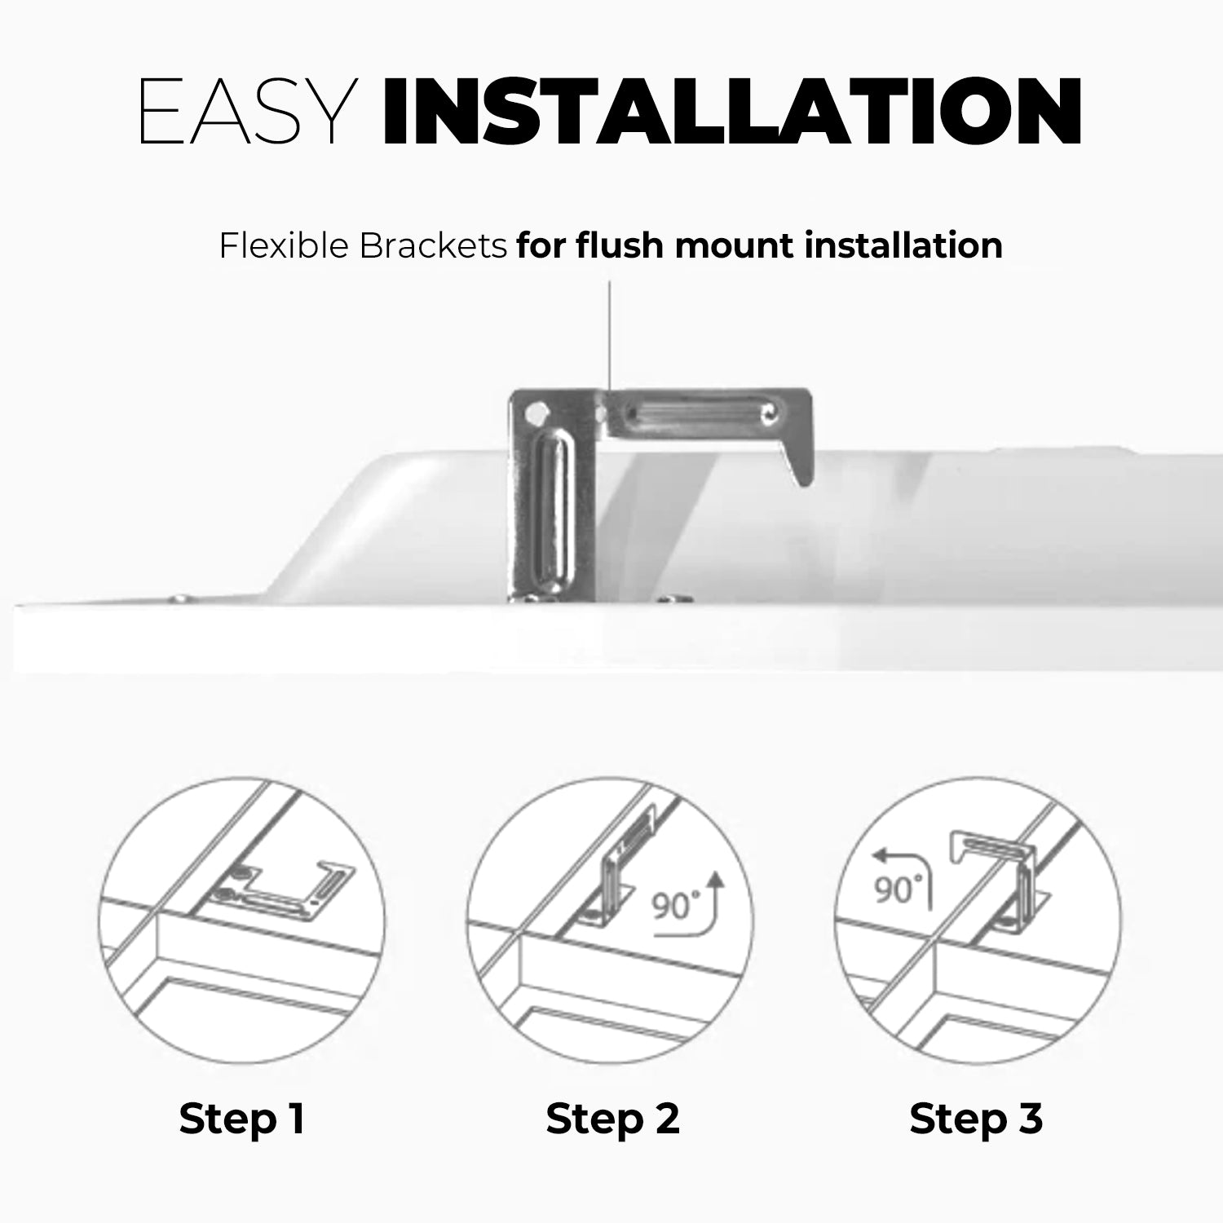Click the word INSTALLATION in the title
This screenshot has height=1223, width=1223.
click(x=732, y=112)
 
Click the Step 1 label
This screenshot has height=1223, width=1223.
click(x=241, y=1119)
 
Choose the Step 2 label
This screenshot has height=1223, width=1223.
click(x=612, y=1119)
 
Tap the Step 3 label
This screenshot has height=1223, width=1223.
click(x=976, y=1119)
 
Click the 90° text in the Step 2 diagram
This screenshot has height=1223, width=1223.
click(x=677, y=905)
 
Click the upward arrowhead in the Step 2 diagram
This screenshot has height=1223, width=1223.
click(x=716, y=879)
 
